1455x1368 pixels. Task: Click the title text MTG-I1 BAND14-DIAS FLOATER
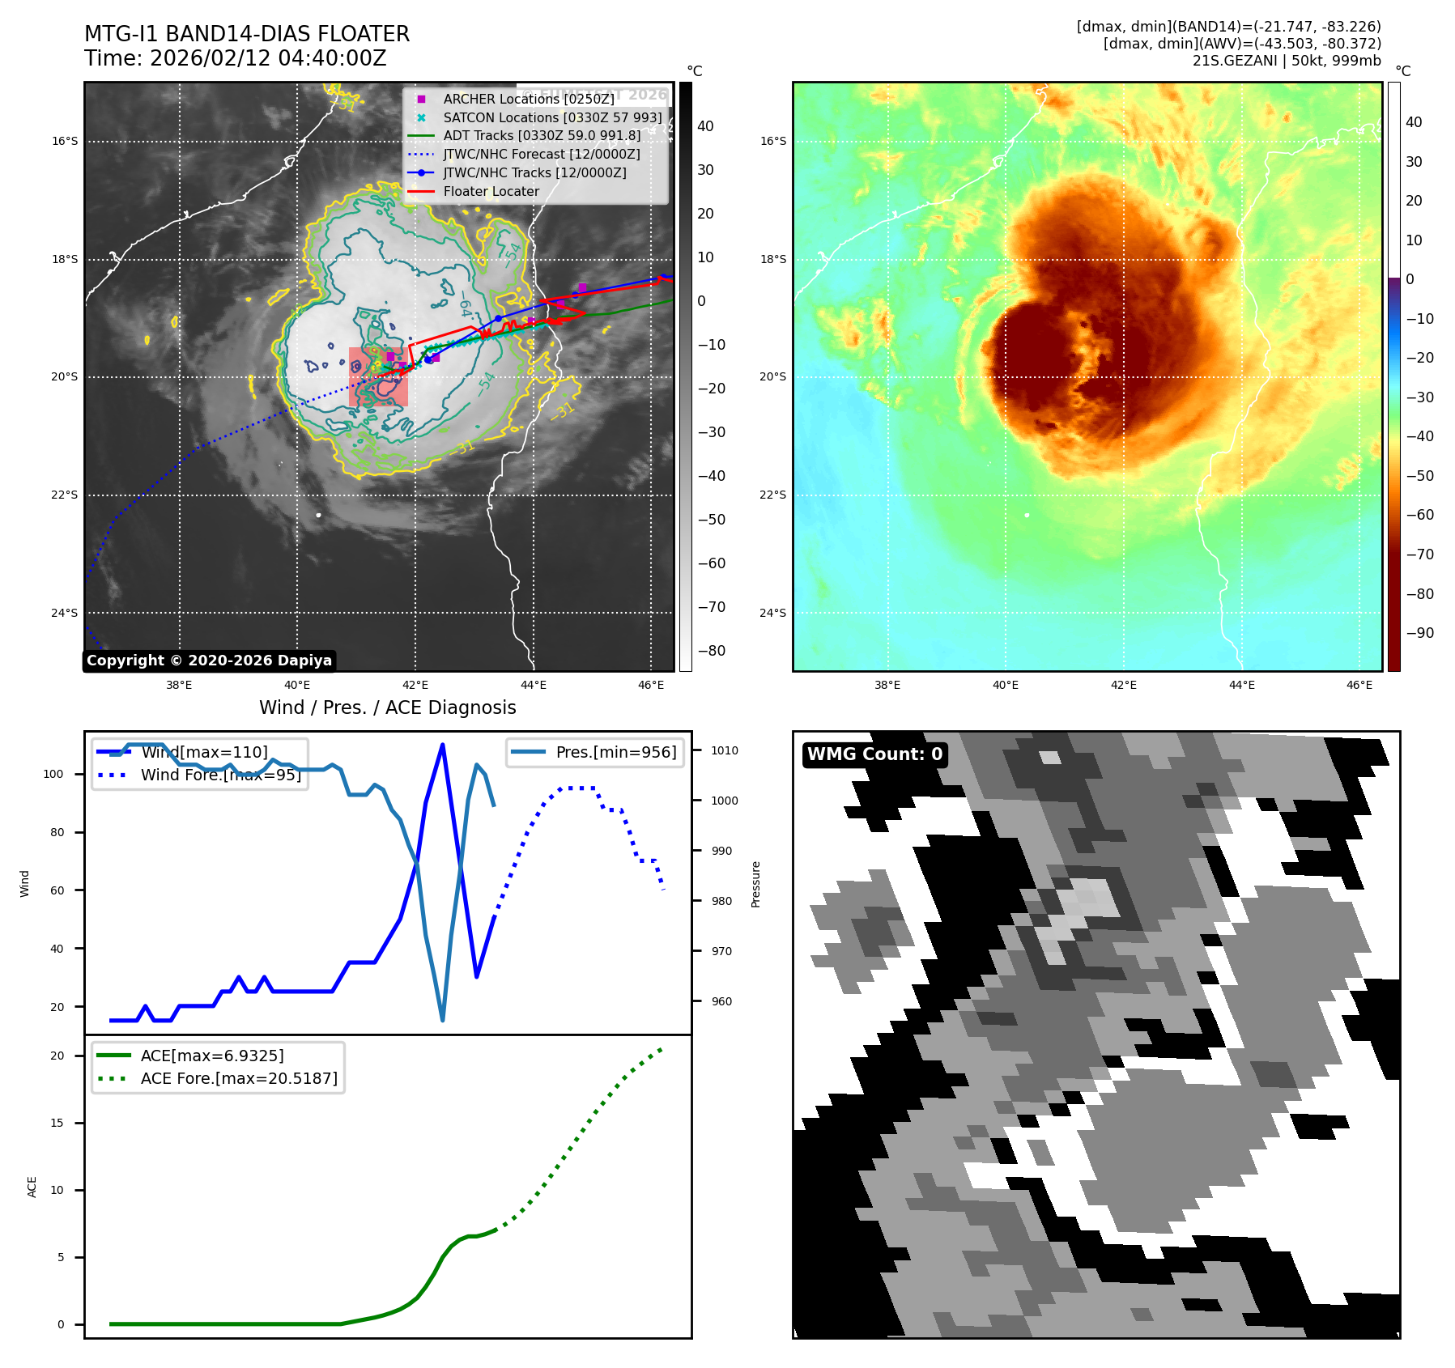pyautogui.click(x=247, y=34)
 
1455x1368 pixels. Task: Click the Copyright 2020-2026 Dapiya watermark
pyautogui.click(x=209, y=661)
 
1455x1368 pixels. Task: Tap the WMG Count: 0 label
pyautogui.click(x=874, y=754)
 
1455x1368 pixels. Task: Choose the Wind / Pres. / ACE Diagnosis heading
pyautogui.click(x=387, y=707)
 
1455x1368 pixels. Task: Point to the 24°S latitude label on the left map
pyautogui.click(x=65, y=613)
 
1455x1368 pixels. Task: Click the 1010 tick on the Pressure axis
pyautogui.click(x=725, y=750)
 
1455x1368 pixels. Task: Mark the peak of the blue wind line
pyautogui.click(x=442, y=745)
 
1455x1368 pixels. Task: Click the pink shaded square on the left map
pyautogui.click(x=378, y=376)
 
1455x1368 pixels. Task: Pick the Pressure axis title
pyautogui.click(x=755, y=884)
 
